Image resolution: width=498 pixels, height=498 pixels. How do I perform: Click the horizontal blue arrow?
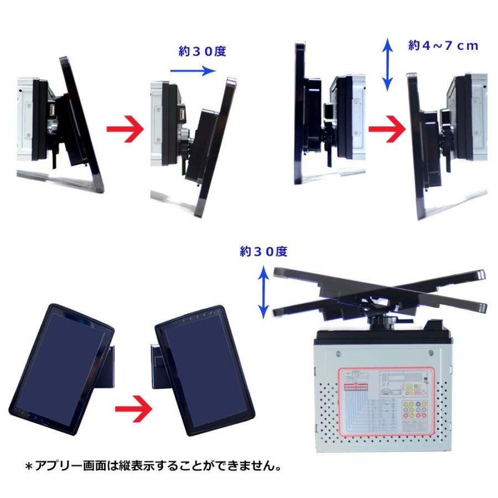pos(192,71)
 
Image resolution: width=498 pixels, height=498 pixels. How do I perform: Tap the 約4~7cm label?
pos(443,46)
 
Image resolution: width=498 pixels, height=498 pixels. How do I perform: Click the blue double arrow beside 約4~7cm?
pos(388,64)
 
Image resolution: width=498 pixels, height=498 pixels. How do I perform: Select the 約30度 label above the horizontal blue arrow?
pos(203,51)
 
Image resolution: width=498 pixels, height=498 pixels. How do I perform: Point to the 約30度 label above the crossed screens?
pos(264,251)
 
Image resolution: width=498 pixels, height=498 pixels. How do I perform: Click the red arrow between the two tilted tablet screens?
pos(133,410)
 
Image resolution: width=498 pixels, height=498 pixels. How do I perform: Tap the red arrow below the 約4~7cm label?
pos(387,131)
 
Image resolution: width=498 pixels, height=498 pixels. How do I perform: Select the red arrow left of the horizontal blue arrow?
pos(125,131)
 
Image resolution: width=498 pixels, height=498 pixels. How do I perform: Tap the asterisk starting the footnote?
pos(30,466)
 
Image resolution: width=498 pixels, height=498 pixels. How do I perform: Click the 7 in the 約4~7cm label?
pos(444,46)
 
